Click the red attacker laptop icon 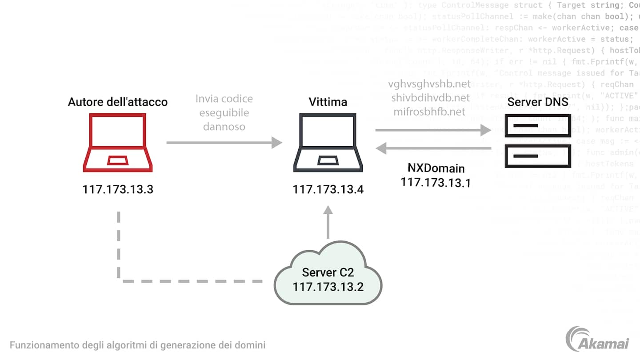(118, 142)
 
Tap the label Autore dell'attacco (118, 102)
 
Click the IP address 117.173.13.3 (118, 189)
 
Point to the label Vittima (328, 102)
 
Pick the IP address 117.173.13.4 (328, 190)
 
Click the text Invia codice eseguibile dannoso (224, 112)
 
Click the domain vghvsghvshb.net (429, 84)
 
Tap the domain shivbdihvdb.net (430, 98)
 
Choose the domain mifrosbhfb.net (429, 112)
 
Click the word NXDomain (436, 168)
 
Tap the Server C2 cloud (328, 279)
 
